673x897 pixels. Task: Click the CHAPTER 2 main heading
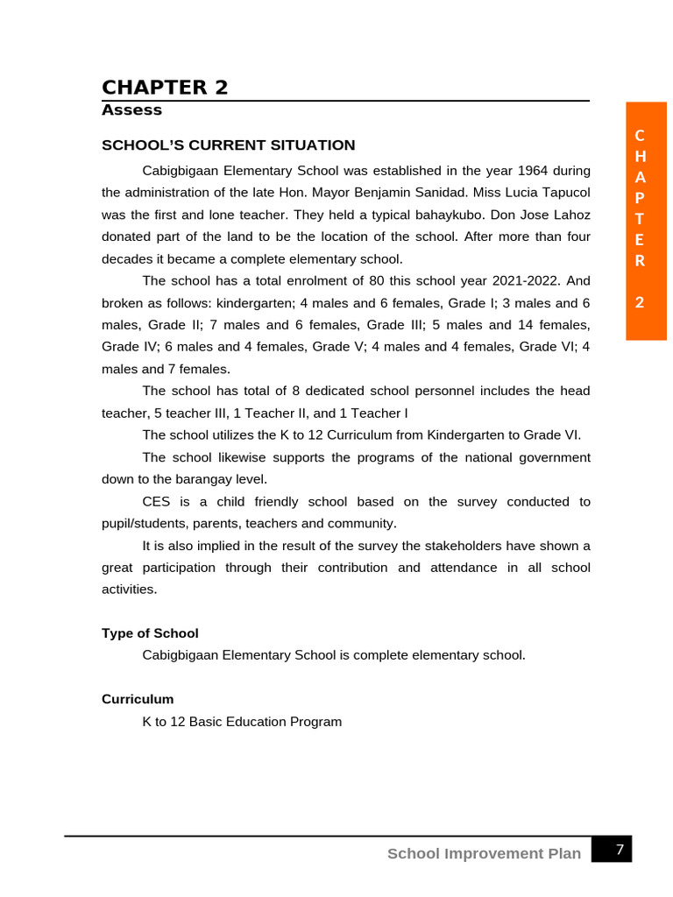point(165,88)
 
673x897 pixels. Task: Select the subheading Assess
point(131,110)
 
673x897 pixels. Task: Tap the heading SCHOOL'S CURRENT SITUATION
point(228,145)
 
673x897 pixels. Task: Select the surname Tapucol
point(562,193)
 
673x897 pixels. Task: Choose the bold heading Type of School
point(150,633)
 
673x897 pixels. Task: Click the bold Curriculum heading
point(138,699)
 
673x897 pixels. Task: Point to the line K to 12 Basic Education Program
point(242,722)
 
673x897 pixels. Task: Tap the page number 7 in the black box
point(620,849)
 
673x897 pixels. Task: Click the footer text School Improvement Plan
point(484,853)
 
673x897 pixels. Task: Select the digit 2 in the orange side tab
point(640,302)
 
